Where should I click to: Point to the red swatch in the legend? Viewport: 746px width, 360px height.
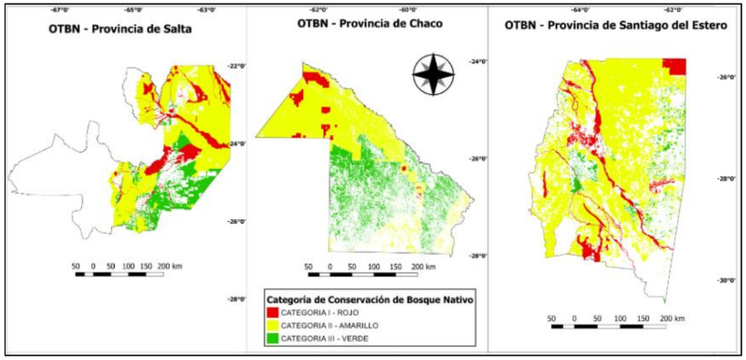(x=273, y=312)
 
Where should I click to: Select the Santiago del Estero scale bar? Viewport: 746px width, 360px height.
(x=610, y=325)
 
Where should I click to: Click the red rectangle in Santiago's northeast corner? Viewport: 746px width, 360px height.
(x=675, y=66)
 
